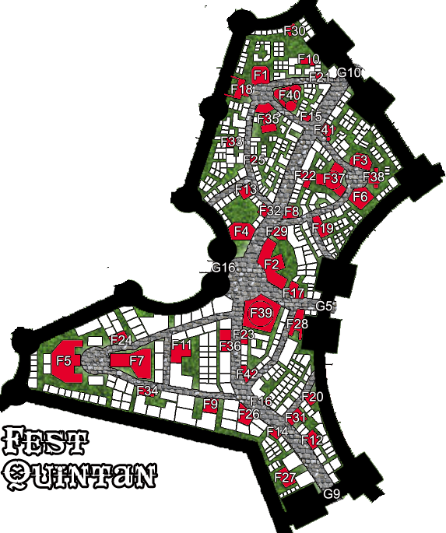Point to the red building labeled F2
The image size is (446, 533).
tap(272, 265)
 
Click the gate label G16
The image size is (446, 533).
tap(223, 268)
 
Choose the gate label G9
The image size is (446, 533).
tap(332, 495)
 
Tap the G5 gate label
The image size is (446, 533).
tap(324, 306)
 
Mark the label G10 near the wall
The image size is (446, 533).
tap(348, 73)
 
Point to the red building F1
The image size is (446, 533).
tap(261, 75)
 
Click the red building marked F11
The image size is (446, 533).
tap(181, 347)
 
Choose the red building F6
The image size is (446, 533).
tap(360, 197)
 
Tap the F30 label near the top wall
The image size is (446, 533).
tap(296, 31)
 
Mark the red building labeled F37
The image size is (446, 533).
tap(334, 178)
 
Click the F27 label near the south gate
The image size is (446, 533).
tap(286, 477)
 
